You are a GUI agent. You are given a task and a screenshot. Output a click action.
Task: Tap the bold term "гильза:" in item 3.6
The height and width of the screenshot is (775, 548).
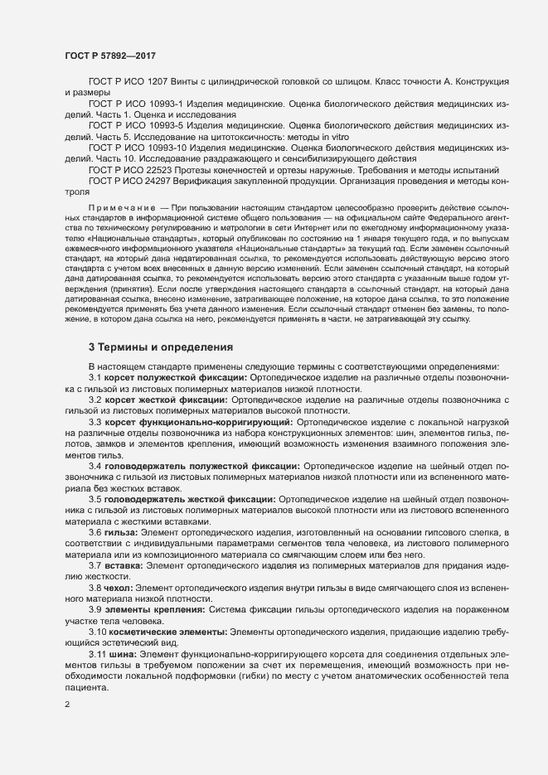click(124, 532)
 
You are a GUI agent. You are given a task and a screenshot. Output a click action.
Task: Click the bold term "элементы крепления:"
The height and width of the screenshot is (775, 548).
click(155, 609)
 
